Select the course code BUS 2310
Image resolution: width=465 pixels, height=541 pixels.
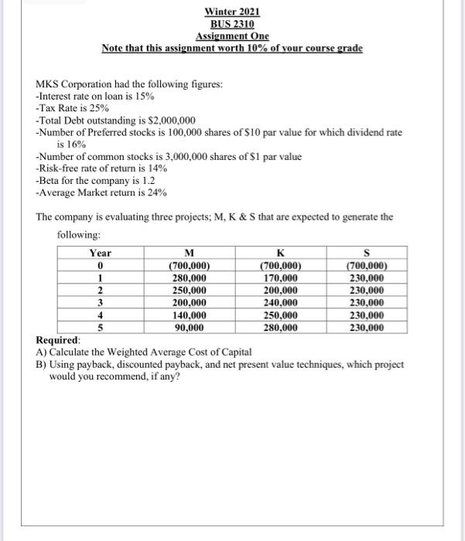pos(232,24)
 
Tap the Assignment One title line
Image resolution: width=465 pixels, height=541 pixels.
pos(232,36)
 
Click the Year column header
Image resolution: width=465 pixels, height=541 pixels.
pos(100,253)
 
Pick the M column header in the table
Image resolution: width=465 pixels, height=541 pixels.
pos(190,253)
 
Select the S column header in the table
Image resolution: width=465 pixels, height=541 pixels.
pos(367,253)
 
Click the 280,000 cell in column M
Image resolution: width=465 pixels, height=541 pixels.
pos(190,277)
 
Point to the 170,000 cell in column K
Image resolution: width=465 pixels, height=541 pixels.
pos(280,277)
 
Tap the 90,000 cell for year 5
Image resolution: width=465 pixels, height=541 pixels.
pos(190,327)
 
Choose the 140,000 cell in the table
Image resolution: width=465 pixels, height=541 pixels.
pos(190,315)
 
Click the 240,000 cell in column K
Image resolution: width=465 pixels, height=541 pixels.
pos(280,302)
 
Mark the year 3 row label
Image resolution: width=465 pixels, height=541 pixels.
pos(100,302)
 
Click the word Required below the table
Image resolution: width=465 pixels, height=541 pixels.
pos(57,340)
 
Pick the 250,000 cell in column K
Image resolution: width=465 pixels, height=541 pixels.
pos(280,315)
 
